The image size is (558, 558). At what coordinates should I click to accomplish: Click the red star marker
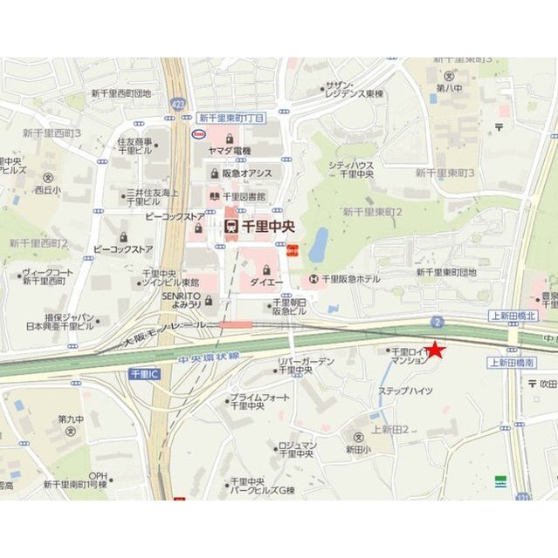tap(435, 350)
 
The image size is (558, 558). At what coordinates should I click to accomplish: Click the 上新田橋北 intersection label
tap(514, 316)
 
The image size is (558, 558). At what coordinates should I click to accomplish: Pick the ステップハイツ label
tap(404, 391)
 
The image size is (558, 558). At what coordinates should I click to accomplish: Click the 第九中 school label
tap(72, 419)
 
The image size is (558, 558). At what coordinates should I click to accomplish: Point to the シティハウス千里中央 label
tap(350, 168)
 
